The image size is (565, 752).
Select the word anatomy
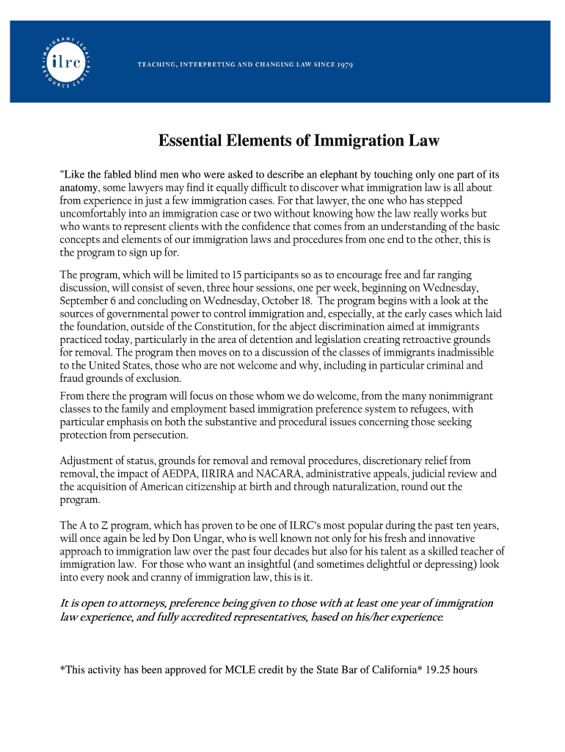point(79,187)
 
